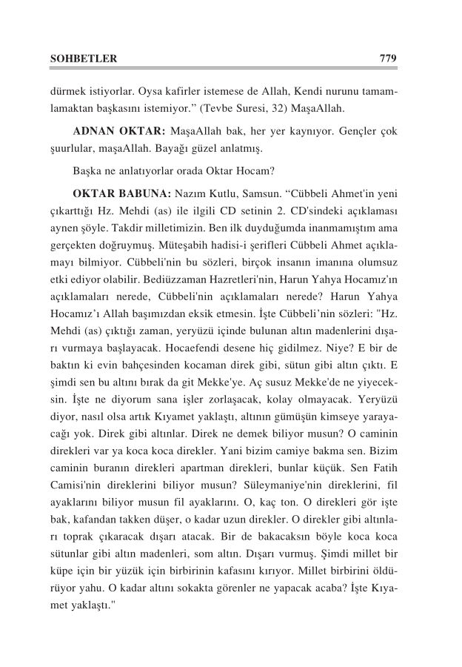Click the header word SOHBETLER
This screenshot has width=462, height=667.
82,58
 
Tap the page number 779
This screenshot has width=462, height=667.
389,58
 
